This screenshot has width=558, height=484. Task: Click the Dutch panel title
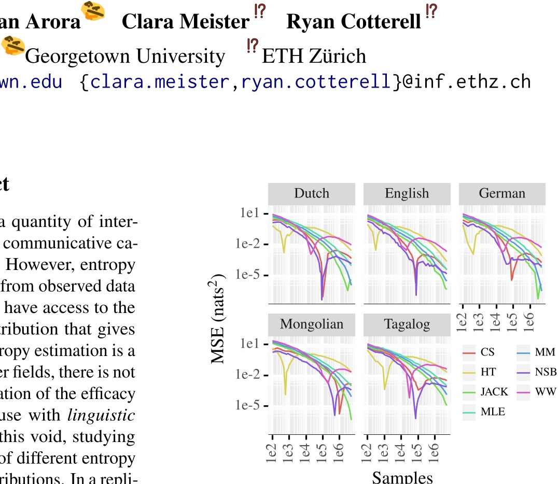click(311, 194)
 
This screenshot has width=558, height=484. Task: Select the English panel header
click(407, 194)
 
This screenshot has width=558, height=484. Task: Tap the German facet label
click(501, 194)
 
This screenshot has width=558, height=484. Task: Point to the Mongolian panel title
click(311, 324)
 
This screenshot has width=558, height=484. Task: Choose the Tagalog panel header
click(407, 324)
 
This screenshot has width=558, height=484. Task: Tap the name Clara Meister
click(185, 22)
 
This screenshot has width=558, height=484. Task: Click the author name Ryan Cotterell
click(353, 22)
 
